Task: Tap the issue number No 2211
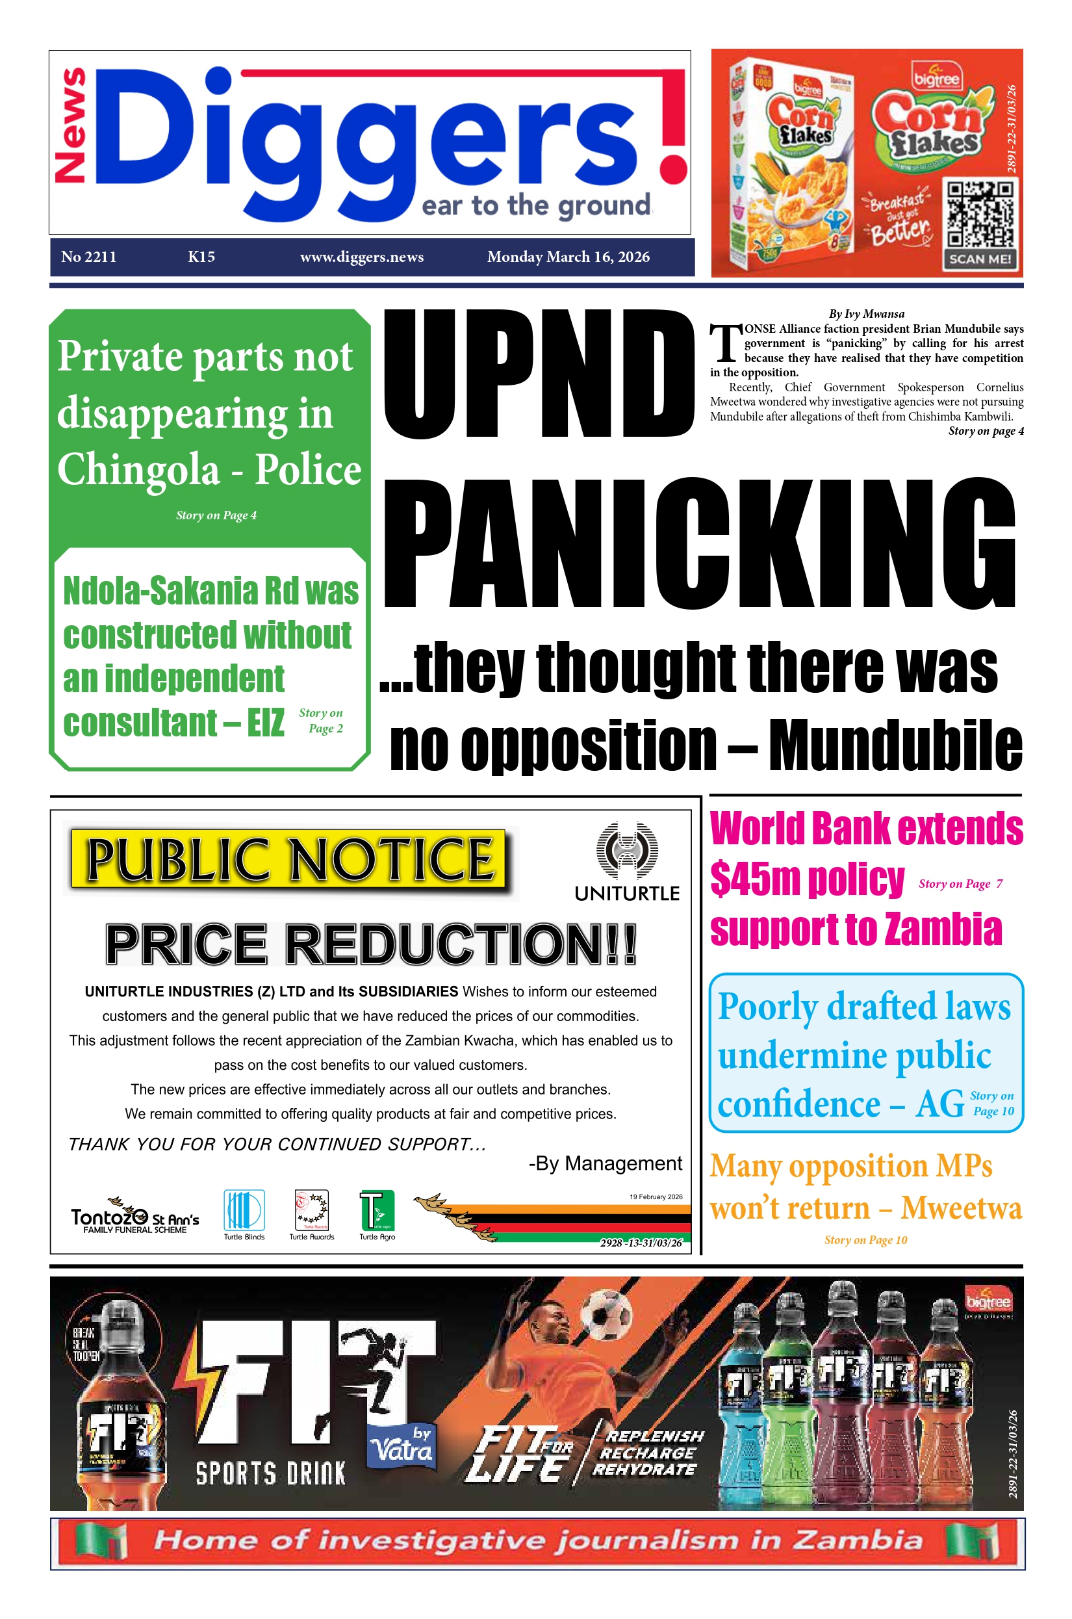coord(88,257)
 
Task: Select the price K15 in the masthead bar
coord(201,257)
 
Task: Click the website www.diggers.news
coord(362,257)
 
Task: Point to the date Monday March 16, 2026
coord(568,257)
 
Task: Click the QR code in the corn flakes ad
coord(980,214)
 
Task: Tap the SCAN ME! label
coord(980,259)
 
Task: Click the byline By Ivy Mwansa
coord(866,314)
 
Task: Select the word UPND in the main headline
coord(539,374)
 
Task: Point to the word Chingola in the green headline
coord(138,471)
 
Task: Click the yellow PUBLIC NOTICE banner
coord(288,859)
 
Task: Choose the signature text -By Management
coord(605,1163)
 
